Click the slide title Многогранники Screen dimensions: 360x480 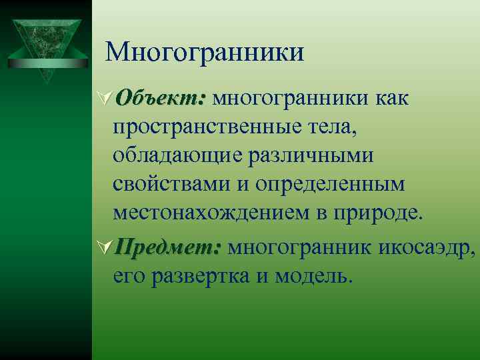click(x=205, y=53)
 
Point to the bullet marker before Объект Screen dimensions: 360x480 click(x=105, y=99)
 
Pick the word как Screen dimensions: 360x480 click(x=397, y=99)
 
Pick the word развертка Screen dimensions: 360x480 click(x=198, y=276)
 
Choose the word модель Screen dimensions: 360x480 click(x=311, y=276)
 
